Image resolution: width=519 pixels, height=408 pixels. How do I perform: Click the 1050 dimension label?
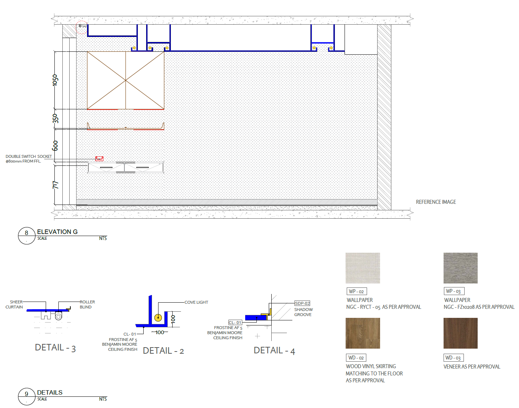[55, 80]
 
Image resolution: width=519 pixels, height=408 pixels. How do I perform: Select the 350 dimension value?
[55, 119]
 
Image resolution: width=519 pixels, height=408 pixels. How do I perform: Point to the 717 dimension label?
[55, 185]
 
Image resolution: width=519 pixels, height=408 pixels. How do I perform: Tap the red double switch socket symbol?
[99, 159]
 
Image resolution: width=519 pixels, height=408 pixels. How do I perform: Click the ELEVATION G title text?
[57, 232]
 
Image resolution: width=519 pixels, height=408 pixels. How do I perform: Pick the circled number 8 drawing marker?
[26, 236]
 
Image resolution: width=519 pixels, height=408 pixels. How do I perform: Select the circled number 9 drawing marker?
[26, 396]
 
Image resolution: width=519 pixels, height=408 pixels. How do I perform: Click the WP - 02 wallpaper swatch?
[363, 268]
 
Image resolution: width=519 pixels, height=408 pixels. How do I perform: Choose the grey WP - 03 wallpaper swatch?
[460, 268]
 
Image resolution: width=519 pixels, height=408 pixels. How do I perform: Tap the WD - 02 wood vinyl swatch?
[363, 333]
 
